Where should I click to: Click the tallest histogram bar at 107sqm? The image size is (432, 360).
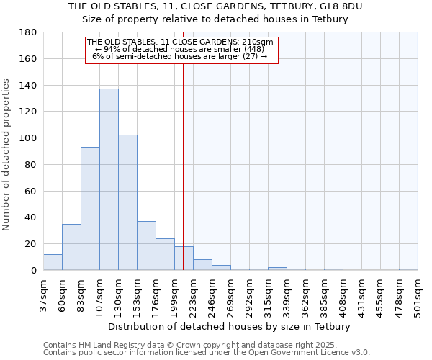[x=109, y=180]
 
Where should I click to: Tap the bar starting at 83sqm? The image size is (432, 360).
[x=90, y=209]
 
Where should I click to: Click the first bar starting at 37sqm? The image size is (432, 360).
[x=53, y=262]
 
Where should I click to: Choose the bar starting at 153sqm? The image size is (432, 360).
[x=146, y=246]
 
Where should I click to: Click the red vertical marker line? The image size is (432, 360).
[x=183, y=144]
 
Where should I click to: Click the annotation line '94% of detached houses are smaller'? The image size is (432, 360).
[x=180, y=49]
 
